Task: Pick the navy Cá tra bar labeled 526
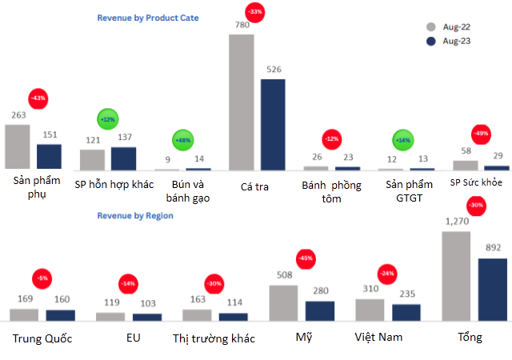pos(273,124)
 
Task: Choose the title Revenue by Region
pos(135,216)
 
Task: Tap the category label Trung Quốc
pos(42,338)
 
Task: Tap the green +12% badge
pos(106,120)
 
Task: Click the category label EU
pos(133,338)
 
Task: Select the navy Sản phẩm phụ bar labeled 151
pos(49,157)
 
